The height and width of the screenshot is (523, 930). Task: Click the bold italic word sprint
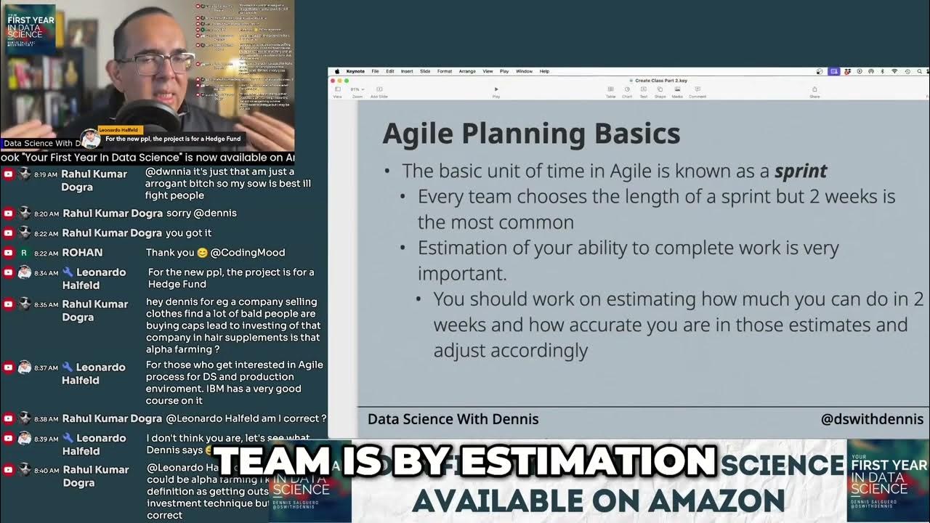point(801,171)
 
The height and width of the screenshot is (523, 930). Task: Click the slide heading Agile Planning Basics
point(531,134)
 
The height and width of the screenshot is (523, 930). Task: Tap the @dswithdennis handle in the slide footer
point(872,419)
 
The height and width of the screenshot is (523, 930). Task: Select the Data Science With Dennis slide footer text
point(453,419)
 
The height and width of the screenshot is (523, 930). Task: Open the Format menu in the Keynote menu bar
point(444,71)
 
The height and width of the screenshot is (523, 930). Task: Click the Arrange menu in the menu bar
point(467,71)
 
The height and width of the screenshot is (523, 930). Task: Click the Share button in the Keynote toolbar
point(814,92)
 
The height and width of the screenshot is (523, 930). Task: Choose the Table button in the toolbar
point(611,92)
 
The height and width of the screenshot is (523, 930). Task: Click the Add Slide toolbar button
point(379,92)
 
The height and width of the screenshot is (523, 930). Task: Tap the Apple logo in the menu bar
point(337,71)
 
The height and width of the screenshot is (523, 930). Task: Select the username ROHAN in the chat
point(82,253)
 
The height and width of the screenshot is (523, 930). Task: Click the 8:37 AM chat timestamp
point(45,368)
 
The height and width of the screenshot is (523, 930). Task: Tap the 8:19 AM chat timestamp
point(45,175)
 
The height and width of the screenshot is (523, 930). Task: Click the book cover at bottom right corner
point(888,480)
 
